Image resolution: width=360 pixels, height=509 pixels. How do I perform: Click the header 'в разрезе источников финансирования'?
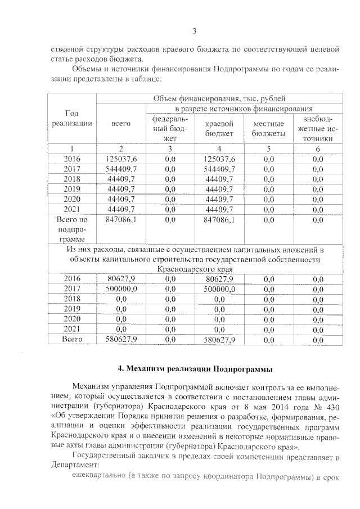click(x=244, y=108)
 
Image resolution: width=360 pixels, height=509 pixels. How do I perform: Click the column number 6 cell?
click(x=317, y=148)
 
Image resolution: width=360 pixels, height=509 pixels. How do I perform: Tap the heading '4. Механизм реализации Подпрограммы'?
click(x=195, y=370)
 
